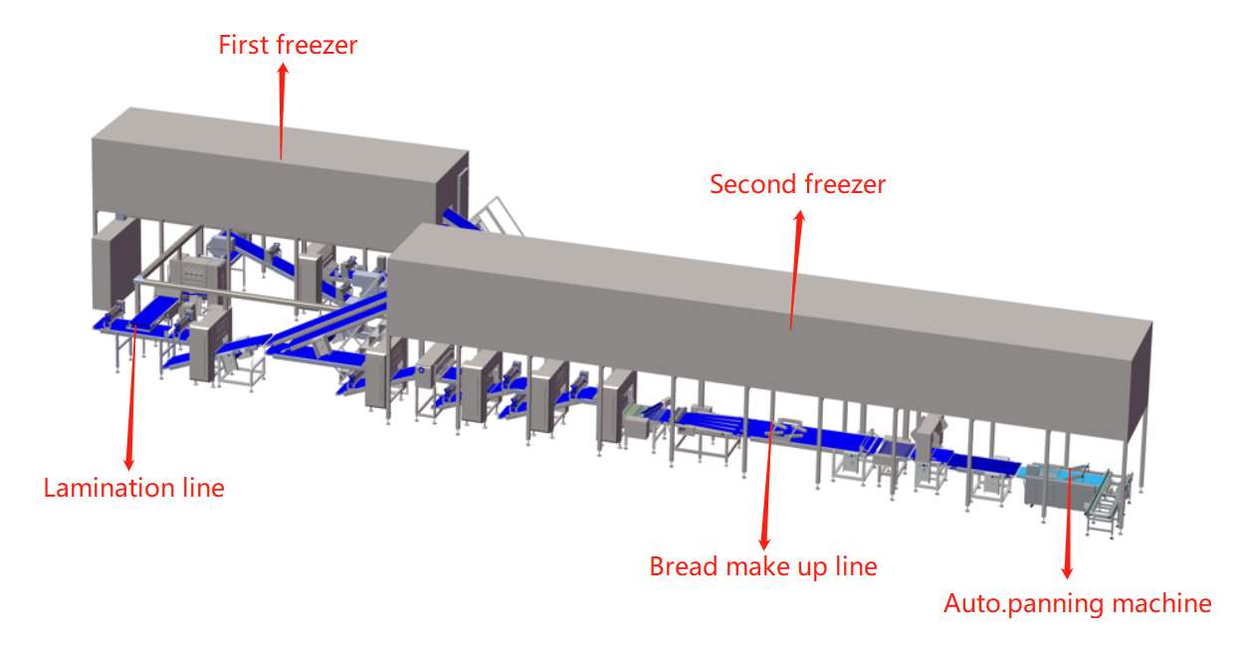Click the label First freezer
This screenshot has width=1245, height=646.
click(x=288, y=45)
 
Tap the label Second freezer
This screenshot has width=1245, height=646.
click(x=797, y=184)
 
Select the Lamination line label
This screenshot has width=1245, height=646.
click(x=133, y=488)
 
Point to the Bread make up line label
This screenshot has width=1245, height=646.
click(x=763, y=566)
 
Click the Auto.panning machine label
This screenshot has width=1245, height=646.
click(x=1077, y=603)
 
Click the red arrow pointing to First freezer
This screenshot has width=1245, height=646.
click(x=282, y=109)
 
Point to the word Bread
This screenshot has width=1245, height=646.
click(x=680, y=566)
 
